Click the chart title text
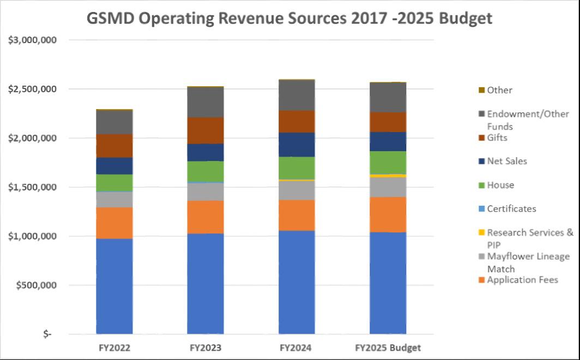click(x=289, y=18)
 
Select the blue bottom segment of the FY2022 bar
click(x=114, y=286)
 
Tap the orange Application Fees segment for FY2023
click(x=206, y=217)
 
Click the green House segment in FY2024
click(x=297, y=167)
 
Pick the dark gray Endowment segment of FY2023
click(x=206, y=102)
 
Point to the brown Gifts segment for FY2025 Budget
click(x=388, y=122)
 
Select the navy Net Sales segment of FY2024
click(x=297, y=144)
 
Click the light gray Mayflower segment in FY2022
click(x=114, y=199)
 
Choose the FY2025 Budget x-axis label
click(x=388, y=347)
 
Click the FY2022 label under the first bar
click(x=114, y=347)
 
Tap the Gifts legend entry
click(x=497, y=137)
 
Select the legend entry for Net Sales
click(x=507, y=161)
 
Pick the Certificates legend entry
click(x=511, y=208)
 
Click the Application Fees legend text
click(x=522, y=280)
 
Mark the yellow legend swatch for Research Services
click(x=481, y=233)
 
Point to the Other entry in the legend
click(x=499, y=90)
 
